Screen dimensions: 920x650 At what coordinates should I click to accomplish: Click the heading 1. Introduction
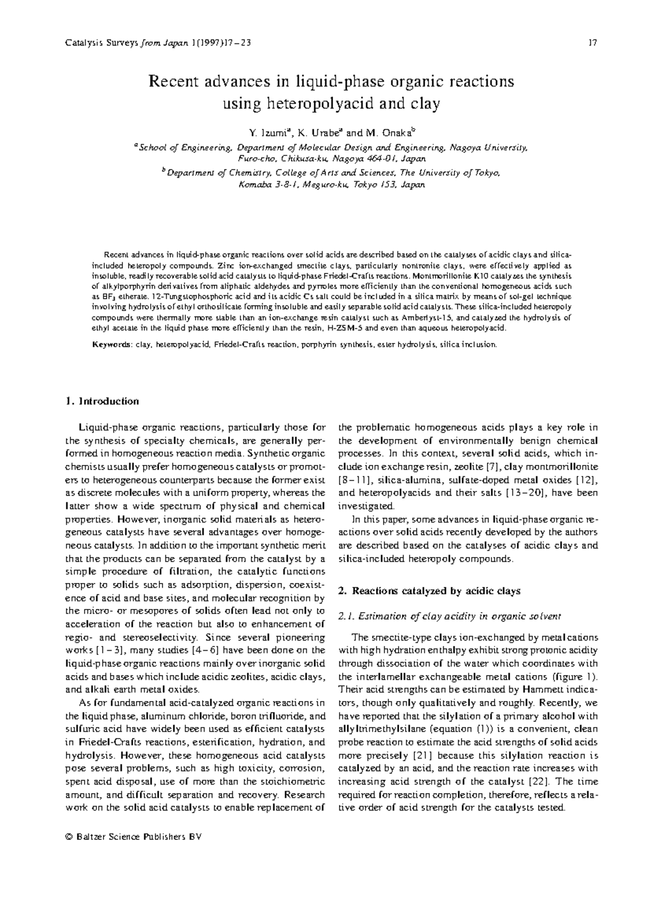coord(102,401)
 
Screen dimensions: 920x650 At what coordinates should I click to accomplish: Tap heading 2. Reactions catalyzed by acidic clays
coord(429,591)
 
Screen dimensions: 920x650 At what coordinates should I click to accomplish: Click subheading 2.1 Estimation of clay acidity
coord(450,616)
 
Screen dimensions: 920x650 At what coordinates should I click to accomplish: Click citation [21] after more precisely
coord(422,755)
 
